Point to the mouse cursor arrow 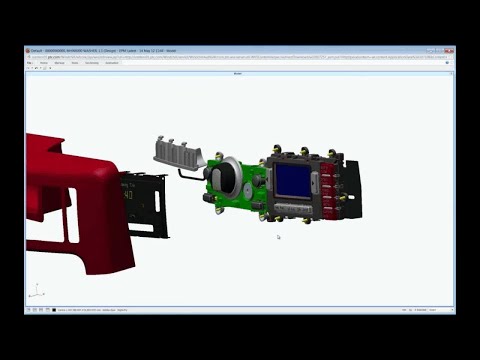click(278, 237)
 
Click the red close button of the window click(450, 50)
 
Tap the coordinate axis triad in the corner click(35, 292)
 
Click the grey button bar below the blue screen click(293, 206)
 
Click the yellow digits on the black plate click(130, 196)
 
